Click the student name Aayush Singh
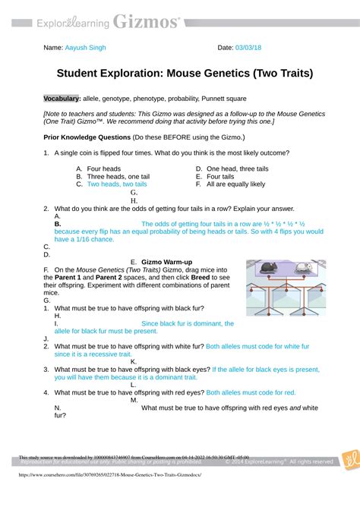tap(86, 48)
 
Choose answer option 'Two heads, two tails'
tap(117, 184)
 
